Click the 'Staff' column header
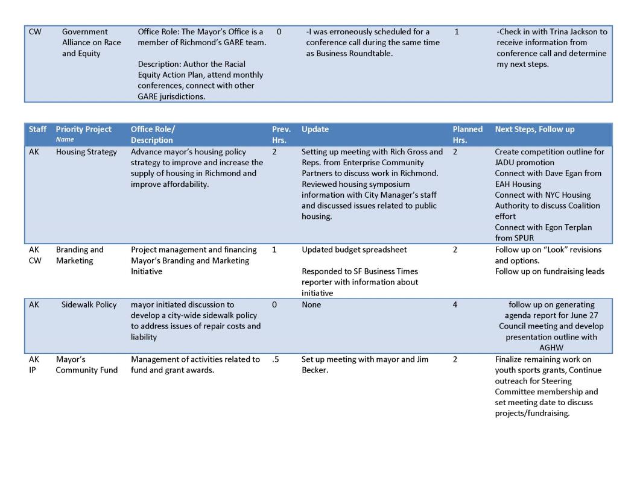pos(37,129)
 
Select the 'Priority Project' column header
pos(83,129)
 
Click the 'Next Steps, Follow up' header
pos(534,129)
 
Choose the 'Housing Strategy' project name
pos(86,152)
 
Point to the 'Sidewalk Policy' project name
pos(89,304)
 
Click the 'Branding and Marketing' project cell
pos(80,255)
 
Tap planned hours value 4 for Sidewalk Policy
pos(455,304)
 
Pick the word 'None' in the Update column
pos(311,304)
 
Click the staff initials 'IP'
pos(33,370)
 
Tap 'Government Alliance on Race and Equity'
pos(91,42)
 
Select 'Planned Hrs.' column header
pos(467,134)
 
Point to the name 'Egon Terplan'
pos(564,227)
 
